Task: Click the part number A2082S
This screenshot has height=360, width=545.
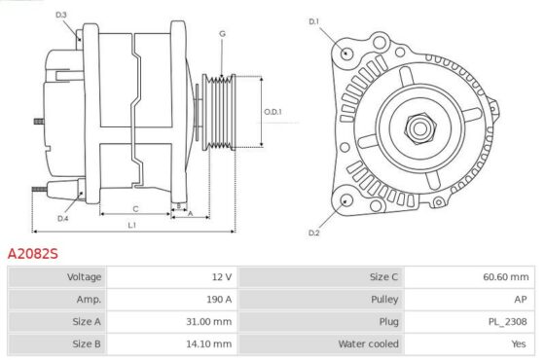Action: [x=33, y=254]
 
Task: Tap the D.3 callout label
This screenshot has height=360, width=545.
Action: [x=60, y=15]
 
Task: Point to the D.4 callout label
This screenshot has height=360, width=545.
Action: [x=62, y=219]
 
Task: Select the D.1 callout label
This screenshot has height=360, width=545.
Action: [x=313, y=21]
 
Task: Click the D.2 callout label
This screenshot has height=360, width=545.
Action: [x=313, y=233]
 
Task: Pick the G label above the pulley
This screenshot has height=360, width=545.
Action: [x=222, y=34]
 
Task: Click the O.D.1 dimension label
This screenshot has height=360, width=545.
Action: [x=272, y=112]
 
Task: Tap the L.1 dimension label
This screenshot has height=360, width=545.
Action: [x=132, y=225]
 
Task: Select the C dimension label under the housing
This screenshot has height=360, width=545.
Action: [x=135, y=209]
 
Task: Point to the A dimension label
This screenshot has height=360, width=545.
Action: [x=190, y=214]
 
